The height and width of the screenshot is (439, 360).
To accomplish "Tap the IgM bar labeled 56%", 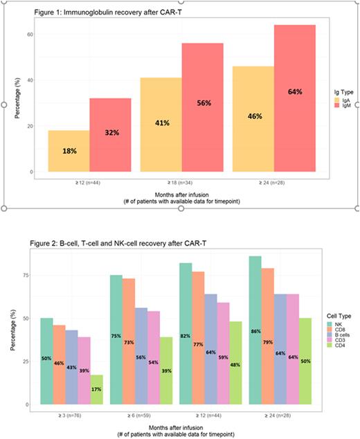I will (203, 107).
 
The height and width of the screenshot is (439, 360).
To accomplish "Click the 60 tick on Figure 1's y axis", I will (30, 34).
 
